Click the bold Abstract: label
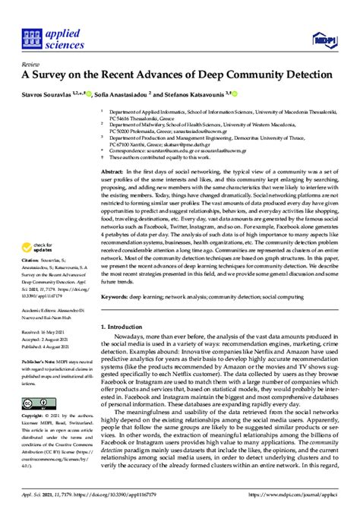click(x=112, y=173)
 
